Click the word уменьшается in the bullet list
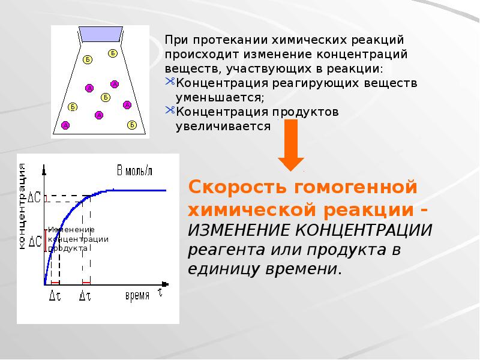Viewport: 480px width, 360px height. coord(220,97)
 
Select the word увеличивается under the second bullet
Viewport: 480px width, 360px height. coord(223,125)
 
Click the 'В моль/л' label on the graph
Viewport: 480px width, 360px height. coord(134,170)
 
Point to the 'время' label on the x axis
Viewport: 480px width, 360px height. coord(137,296)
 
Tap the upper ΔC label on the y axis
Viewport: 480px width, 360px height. coord(35,197)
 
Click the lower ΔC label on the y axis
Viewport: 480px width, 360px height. coord(35,242)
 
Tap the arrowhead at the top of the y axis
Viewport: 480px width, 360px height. coord(45,164)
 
